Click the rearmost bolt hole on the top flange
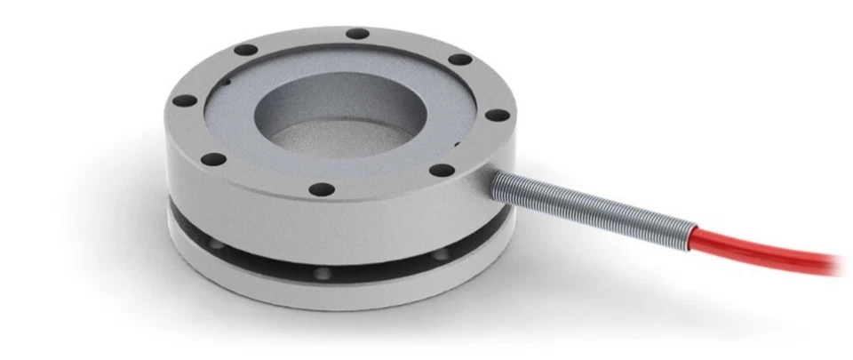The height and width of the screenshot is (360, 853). (357, 34)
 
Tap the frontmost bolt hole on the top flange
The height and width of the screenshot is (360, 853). (323, 189)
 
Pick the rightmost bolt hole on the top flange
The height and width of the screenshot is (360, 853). (498, 116)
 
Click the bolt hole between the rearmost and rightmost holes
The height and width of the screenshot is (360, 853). (459, 60)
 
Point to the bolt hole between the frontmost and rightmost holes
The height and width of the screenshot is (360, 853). (440, 171)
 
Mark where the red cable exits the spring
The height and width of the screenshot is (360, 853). (691, 233)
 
